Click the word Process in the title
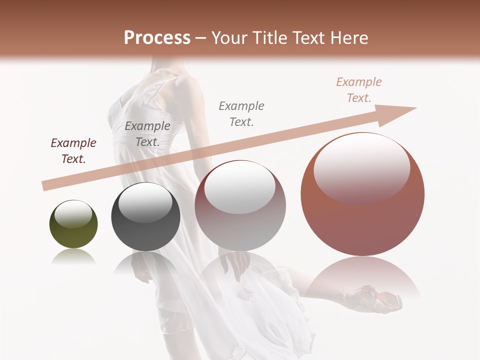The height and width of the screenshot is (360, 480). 157,38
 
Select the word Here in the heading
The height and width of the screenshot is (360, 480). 346,38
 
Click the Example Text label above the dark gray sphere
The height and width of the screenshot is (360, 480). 147,134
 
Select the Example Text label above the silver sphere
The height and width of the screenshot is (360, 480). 241,114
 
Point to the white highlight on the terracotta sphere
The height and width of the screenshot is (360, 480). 361,165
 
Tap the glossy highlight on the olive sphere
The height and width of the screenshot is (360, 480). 73,214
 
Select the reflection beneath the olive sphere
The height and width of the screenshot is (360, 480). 73,257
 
